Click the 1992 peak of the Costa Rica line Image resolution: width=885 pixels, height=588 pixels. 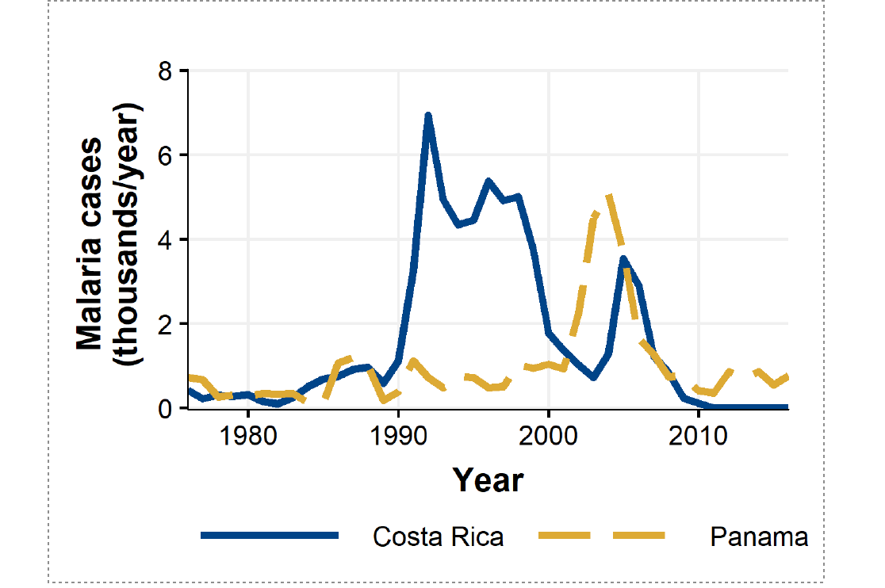(428, 116)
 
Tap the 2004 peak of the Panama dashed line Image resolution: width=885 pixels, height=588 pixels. (608, 195)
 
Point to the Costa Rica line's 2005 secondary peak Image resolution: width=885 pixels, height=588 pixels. (623, 258)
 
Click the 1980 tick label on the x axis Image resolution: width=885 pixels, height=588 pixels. (248, 437)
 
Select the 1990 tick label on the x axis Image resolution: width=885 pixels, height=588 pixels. (398, 437)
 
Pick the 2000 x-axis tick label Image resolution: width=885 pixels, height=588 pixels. (548, 437)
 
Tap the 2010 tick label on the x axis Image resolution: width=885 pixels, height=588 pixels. (698, 437)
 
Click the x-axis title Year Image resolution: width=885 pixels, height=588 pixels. (488, 480)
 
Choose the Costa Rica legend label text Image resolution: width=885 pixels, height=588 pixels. (438, 536)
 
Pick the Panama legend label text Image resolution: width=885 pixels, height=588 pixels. (759, 536)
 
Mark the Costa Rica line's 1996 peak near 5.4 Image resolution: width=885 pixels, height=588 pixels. (488, 181)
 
